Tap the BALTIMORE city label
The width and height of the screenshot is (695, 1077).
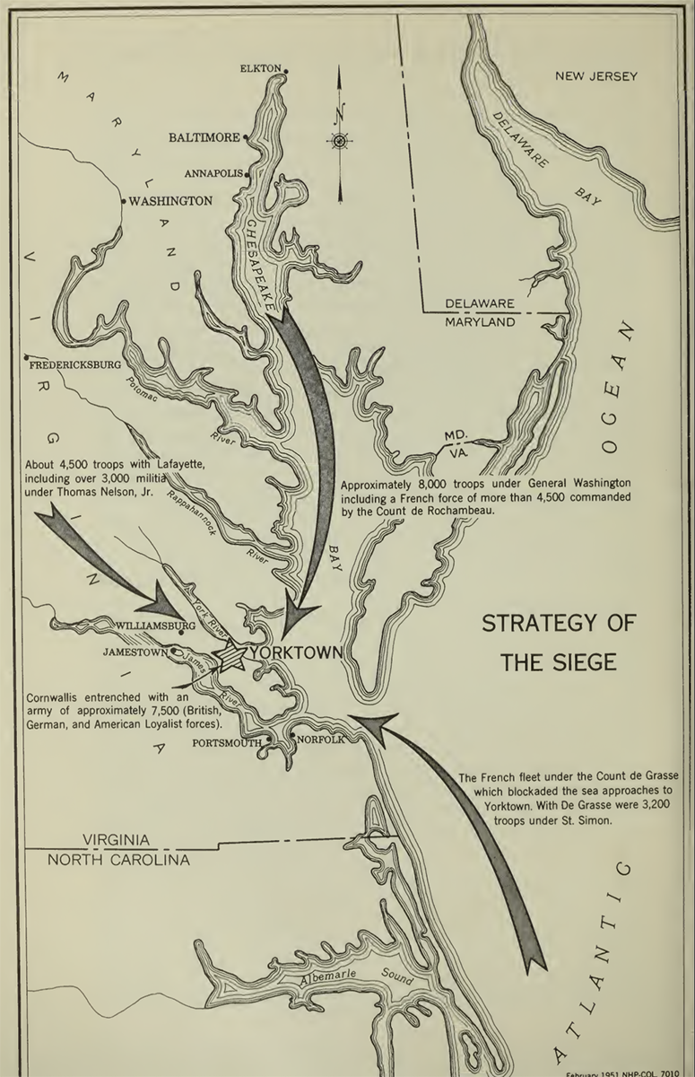pyautogui.click(x=204, y=137)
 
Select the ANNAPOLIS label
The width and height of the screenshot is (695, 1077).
pyautogui.click(x=213, y=173)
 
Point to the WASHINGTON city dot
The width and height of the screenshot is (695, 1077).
pyautogui.click(x=124, y=202)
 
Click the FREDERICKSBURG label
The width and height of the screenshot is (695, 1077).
pyautogui.click(x=75, y=366)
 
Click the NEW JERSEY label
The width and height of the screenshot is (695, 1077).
pyautogui.click(x=595, y=76)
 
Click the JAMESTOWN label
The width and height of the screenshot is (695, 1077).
pyautogui.click(x=134, y=652)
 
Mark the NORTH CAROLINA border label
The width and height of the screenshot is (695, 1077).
pyautogui.click(x=119, y=860)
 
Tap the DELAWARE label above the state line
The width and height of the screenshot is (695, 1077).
pyautogui.click(x=480, y=303)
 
